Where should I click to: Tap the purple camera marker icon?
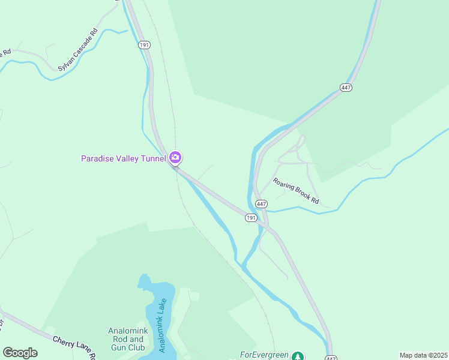coord(175,158)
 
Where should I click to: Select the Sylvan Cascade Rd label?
coord(77,50)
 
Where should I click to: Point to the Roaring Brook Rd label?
coord(295,191)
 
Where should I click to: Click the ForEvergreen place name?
coord(265,355)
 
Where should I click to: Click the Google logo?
coord(20,353)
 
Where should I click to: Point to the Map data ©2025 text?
coord(423,355)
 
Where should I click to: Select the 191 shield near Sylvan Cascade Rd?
coord(143,45)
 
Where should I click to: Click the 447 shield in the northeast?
coord(345,88)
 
